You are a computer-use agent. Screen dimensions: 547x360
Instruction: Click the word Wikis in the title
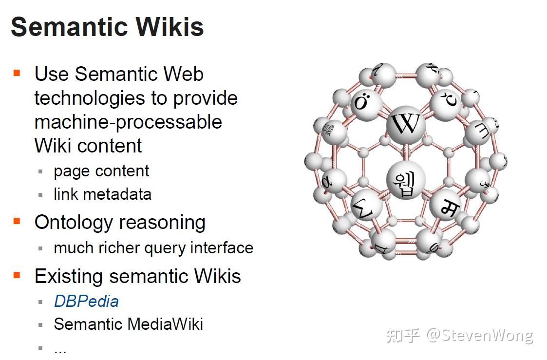point(170,27)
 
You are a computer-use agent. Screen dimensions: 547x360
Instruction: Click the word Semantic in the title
point(70,27)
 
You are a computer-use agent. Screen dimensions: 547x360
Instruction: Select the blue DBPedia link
point(86,302)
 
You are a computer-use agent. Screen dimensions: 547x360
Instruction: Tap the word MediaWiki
point(165,324)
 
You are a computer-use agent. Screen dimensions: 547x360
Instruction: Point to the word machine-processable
point(128,122)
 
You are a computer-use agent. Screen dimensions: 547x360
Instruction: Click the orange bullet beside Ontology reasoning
point(17,221)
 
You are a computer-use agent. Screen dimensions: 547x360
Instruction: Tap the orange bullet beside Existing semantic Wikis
point(17,275)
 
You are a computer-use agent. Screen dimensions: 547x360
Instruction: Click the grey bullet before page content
point(40,171)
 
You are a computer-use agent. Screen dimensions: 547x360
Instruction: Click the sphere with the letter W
point(405,125)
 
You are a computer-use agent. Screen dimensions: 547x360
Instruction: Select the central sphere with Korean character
point(405,180)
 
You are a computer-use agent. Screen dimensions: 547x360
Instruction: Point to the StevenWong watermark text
point(480,336)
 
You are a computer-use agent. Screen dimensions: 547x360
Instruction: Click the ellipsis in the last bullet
point(60,351)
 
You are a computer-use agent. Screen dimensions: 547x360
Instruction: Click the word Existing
point(68,277)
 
